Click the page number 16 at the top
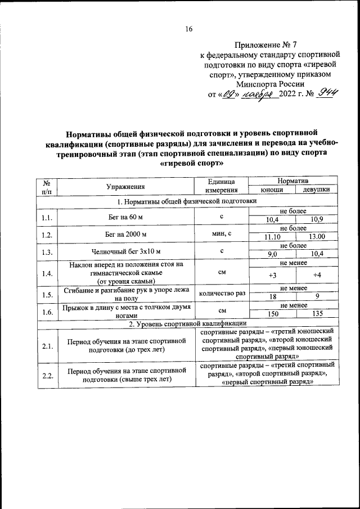pyautogui.click(x=189, y=29)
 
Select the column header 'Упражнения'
pyautogui.click(x=125, y=186)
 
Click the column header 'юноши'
pyautogui.click(x=272, y=190)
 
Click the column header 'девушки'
pyautogui.click(x=316, y=190)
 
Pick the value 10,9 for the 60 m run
pyautogui.click(x=316, y=220)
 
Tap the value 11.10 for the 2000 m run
pyautogui.click(x=272, y=237)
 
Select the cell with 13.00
pyautogui.click(x=316, y=237)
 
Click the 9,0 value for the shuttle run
pyautogui.click(x=272, y=254)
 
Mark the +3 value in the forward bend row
pyautogui.click(x=272, y=275)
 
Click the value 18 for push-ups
pyautogui.click(x=272, y=296)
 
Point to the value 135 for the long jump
pyautogui.click(x=316, y=313)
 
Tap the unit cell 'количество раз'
pyautogui.click(x=222, y=293)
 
